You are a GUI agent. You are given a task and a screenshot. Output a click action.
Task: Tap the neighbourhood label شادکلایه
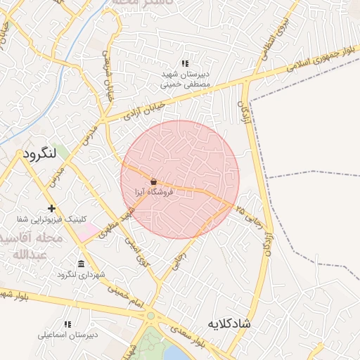tap(229, 324)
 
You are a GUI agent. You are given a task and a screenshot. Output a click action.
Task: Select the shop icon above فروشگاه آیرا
tap(153, 181)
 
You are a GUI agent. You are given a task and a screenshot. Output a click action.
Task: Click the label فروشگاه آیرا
tap(154, 191)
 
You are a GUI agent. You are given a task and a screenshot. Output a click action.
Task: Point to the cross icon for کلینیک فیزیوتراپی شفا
tap(51, 208)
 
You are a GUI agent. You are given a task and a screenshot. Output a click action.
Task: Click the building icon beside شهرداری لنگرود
tap(82, 264)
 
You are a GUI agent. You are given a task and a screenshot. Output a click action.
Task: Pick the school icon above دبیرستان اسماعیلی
tap(67, 324)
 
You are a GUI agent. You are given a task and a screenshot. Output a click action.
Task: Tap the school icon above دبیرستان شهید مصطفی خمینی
tap(185, 63)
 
